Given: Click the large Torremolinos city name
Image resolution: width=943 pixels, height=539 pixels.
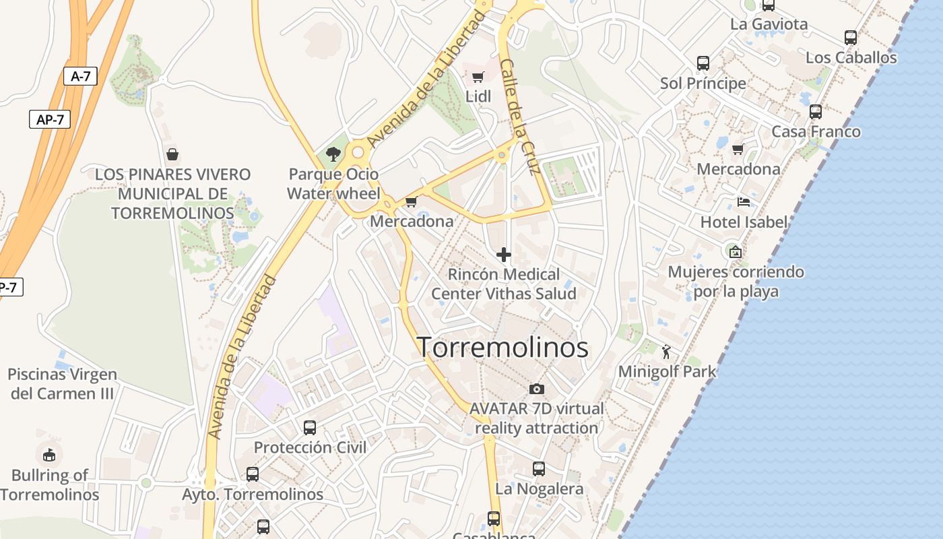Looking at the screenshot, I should pyautogui.click(x=502, y=348).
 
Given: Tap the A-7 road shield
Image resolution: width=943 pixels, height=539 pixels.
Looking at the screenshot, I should pyautogui.click(x=80, y=76).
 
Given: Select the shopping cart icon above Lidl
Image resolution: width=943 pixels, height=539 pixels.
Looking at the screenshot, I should pyautogui.click(x=478, y=77).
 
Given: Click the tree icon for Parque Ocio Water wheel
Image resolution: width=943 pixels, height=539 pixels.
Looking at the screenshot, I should pyautogui.click(x=333, y=154).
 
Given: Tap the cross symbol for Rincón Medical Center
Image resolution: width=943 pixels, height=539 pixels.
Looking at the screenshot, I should pyautogui.click(x=503, y=255).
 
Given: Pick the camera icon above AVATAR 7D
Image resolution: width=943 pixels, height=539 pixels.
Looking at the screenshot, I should pyautogui.click(x=537, y=389).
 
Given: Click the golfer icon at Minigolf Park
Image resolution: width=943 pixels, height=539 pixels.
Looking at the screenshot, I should pyautogui.click(x=667, y=351).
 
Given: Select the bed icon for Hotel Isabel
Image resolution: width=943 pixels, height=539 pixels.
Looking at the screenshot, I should pyautogui.click(x=744, y=201).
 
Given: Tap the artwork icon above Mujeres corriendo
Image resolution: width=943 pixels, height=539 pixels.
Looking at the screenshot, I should pyautogui.click(x=736, y=252).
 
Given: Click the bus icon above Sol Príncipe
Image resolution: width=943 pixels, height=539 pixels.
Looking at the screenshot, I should pyautogui.click(x=703, y=63).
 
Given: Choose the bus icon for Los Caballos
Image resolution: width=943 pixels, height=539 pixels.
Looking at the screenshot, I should pyautogui.click(x=851, y=38).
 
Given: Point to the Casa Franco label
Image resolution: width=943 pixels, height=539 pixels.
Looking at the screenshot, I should pyautogui.click(x=816, y=131).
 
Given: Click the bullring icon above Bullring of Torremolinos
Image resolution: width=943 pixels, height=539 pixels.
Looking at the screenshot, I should pyautogui.click(x=49, y=455).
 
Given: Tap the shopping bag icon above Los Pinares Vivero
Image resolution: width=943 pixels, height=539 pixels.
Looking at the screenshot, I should pyautogui.click(x=172, y=154).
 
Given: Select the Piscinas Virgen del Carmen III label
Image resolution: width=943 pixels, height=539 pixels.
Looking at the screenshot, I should pyautogui.click(x=63, y=383).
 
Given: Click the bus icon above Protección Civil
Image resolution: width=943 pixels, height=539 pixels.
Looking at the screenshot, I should pyautogui.click(x=310, y=427).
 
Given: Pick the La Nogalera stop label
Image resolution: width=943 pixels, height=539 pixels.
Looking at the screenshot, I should pyautogui.click(x=539, y=488).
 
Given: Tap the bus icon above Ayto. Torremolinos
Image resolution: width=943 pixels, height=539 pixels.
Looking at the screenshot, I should pyautogui.click(x=253, y=474).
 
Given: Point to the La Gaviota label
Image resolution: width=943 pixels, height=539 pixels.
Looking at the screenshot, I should pyautogui.click(x=769, y=24).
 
